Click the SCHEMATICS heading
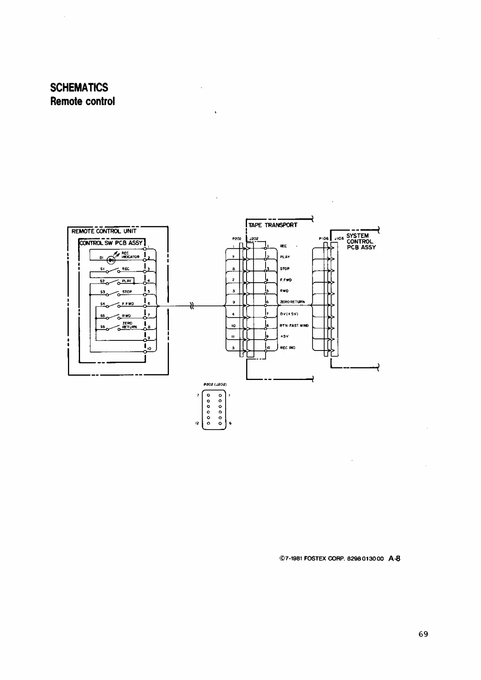tap(79, 87)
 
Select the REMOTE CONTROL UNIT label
tap(104, 231)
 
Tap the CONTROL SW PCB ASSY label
tap(111, 243)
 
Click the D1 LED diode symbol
tap(111, 258)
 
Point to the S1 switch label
tap(103, 269)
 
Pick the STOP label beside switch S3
tap(127, 292)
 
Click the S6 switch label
tap(103, 326)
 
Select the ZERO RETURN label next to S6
tap(129, 325)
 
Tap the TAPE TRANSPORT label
tap(273, 225)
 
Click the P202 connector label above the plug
tap(236, 239)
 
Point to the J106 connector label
tap(339, 239)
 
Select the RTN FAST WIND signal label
tap(294, 325)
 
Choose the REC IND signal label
tap(288, 348)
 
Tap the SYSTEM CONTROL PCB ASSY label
tap(361, 241)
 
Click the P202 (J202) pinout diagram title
tap(214, 385)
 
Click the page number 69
tap(423, 634)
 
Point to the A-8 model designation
tap(394, 559)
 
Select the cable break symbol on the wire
tap(192, 306)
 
